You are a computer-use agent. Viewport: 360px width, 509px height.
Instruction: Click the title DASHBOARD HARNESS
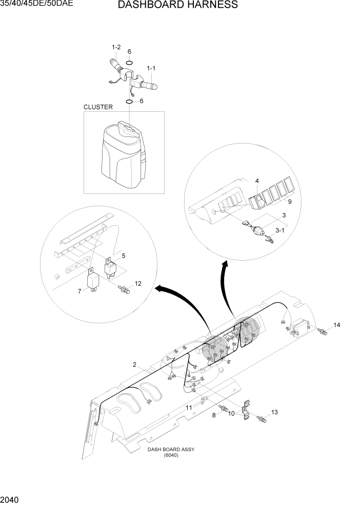[177, 5]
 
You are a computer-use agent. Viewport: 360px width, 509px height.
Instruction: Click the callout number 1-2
[116, 48]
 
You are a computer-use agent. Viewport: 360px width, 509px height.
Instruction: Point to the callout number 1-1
[152, 68]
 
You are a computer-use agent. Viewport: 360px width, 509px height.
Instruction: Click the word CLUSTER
[98, 107]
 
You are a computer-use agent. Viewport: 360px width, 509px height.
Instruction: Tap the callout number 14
[336, 325]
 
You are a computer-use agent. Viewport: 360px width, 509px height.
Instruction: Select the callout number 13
[274, 412]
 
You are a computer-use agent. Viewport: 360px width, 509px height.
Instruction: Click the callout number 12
[138, 283]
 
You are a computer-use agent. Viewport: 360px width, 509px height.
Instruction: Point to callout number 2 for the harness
[134, 365]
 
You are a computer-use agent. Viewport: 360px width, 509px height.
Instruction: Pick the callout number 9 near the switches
[289, 202]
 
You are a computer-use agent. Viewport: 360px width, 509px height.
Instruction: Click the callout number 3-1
[280, 231]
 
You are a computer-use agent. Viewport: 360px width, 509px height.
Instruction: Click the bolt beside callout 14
[322, 332]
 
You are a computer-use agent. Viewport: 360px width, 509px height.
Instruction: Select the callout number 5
[123, 255]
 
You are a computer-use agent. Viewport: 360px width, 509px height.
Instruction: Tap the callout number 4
[257, 181]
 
